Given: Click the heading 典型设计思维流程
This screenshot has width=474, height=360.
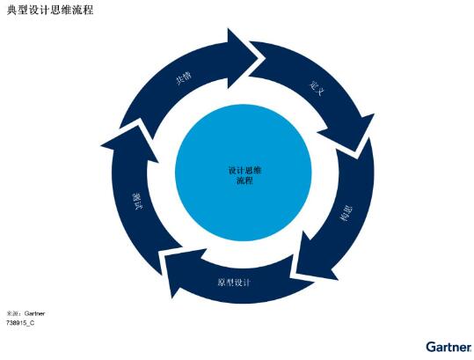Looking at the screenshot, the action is click(x=50, y=10).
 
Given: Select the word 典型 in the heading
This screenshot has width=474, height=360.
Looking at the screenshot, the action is click(x=18, y=10).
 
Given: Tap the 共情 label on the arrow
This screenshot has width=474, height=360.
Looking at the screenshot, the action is click(x=184, y=78).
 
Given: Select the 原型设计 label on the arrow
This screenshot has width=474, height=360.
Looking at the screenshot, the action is click(x=234, y=283).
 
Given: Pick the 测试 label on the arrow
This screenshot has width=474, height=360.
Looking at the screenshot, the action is click(x=137, y=202).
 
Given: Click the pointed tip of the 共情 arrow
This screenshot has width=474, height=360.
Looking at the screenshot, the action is click(x=265, y=58).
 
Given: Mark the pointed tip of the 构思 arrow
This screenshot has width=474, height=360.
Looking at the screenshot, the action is click(x=296, y=271).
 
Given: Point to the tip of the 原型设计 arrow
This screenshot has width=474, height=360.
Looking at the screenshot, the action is click(x=164, y=256).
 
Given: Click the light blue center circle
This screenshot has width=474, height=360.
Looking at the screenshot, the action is click(x=244, y=173).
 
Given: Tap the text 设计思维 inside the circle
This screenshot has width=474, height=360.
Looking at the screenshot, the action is click(x=244, y=171).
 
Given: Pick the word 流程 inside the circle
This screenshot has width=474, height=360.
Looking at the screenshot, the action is click(x=244, y=180).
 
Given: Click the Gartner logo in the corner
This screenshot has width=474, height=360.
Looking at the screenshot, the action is click(x=448, y=347).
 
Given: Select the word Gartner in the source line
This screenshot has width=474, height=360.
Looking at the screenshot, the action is click(x=34, y=313).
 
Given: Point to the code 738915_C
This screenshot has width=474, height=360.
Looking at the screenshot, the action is click(x=20, y=323).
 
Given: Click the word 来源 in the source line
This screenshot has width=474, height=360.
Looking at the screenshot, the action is click(x=12, y=313).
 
